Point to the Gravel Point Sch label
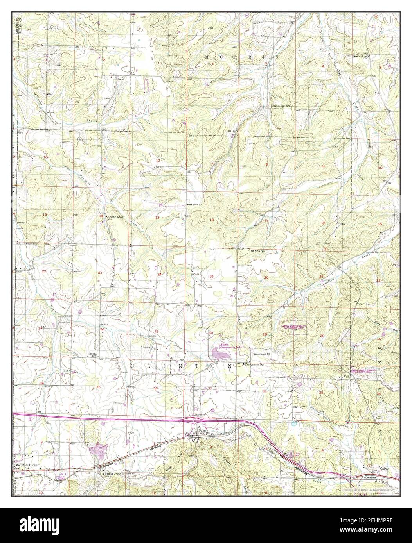pyautogui.click(x=282, y=106)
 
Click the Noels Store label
pyautogui.click(x=361, y=56)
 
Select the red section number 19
pyautogui.click(x=211, y=277)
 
